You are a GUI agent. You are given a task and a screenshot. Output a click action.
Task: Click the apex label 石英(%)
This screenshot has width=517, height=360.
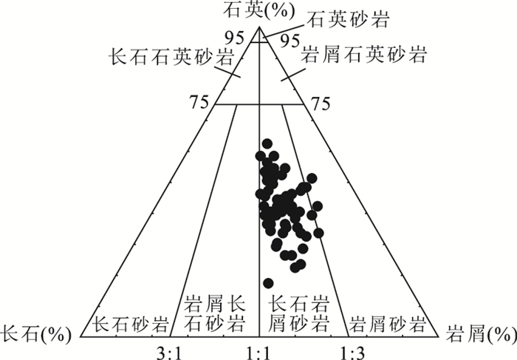point(258,10)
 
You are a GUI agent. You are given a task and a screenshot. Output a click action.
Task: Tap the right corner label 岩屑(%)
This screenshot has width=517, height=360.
point(480,335)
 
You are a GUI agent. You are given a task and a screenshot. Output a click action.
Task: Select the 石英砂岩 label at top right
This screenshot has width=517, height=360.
point(348,20)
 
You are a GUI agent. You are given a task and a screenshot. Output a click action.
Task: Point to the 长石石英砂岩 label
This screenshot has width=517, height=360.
point(171,57)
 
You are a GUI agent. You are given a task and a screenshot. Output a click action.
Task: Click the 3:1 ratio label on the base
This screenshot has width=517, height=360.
point(169,354)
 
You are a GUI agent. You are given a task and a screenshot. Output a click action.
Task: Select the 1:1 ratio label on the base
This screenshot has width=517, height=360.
point(258,354)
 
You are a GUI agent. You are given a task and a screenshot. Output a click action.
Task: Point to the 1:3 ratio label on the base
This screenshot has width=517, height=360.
point(352,354)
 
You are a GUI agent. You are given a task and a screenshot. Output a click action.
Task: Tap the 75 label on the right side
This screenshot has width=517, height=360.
point(321,103)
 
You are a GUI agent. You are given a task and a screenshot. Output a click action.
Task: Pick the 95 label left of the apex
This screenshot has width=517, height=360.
point(235,38)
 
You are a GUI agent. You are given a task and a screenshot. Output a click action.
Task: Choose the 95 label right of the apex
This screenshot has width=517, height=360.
point(290,40)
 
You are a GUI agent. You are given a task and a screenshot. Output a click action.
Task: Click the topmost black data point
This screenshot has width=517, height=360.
point(267,143)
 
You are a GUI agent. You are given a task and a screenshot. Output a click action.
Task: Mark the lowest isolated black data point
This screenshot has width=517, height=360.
point(268,283)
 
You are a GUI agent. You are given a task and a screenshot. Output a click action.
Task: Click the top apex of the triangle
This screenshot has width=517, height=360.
point(259,27)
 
